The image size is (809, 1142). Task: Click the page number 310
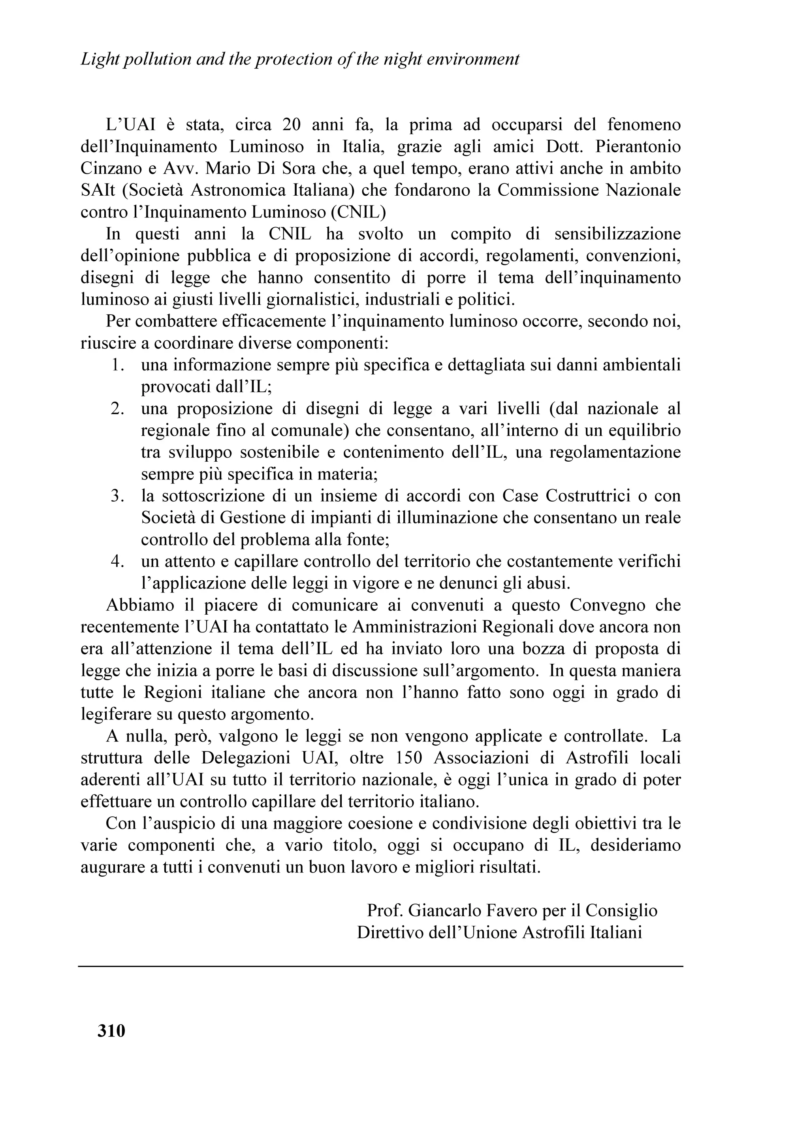click(x=111, y=1030)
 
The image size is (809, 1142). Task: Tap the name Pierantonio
click(x=638, y=147)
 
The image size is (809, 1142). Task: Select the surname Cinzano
click(x=110, y=169)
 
